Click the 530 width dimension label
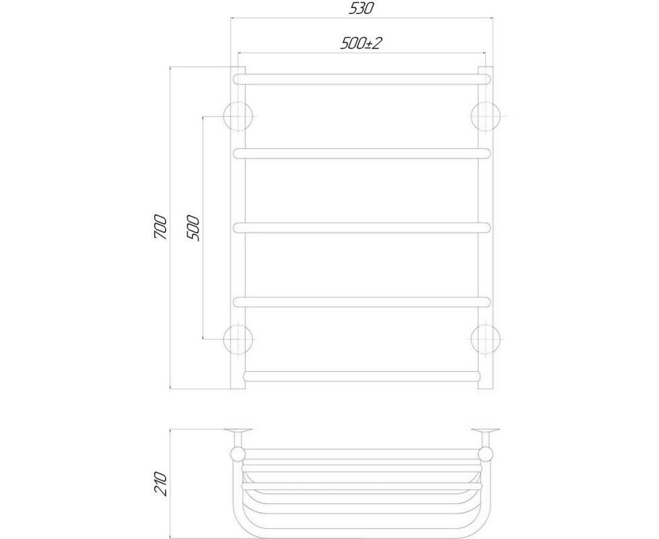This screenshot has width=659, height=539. coord(361,8)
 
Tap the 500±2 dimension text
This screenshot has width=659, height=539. coord(361,43)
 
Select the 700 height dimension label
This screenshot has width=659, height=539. coord(161,227)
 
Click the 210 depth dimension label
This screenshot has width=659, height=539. coord(161,484)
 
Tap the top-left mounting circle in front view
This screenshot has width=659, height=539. coord(239,117)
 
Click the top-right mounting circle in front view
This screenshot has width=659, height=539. coord(486,117)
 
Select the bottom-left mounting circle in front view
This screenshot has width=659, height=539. coord(239,339)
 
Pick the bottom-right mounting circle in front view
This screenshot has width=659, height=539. coord(486,339)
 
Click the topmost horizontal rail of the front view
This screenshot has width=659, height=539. coord(362,80)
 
